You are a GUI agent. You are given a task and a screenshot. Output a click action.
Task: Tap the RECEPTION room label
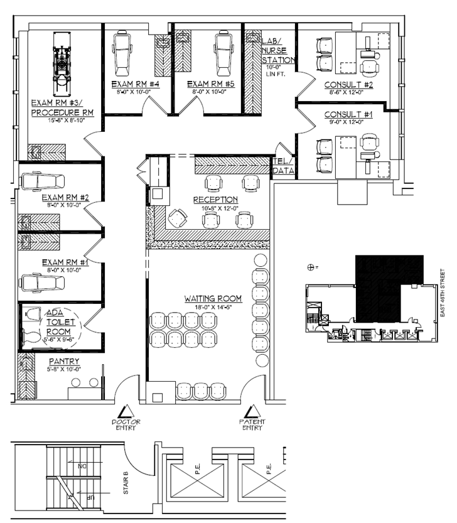coord(215,200)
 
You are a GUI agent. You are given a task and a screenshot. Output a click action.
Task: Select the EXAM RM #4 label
coord(136,84)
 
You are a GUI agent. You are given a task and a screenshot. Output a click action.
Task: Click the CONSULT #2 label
coord(349,85)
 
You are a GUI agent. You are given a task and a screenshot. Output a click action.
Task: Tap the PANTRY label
coord(65,362)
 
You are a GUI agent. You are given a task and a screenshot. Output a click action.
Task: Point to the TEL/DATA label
coord(283,165)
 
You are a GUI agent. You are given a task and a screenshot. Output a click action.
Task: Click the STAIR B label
coord(126,480)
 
